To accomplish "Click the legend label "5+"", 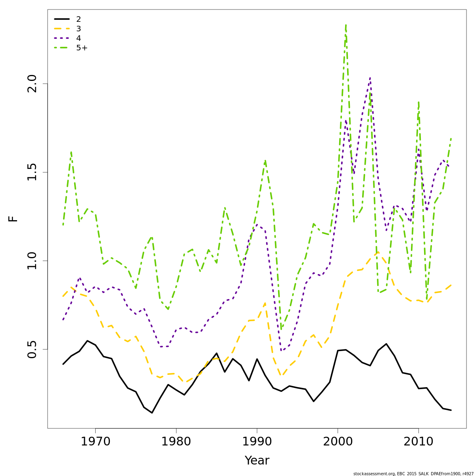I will pyautogui.click(x=82, y=48).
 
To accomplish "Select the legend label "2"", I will pyautogui.click(x=79, y=19).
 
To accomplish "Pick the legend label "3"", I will pyautogui.click(x=79, y=29).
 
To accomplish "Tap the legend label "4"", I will pyautogui.click(x=79, y=38).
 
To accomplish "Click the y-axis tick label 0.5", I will pyautogui.click(x=32, y=349).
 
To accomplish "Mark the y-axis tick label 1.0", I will pyautogui.click(x=32, y=261).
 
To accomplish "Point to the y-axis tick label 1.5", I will pyautogui.click(x=32, y=172).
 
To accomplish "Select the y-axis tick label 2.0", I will pyautogui.click(x=32, y=84).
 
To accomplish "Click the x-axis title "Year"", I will pyautogui.click(x=257, y=461).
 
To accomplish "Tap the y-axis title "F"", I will pyautogui.click(x=13, y=219).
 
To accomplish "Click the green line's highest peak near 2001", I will pyautogui.click(x=346, y=25).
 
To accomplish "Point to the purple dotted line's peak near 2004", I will pyautogui.click(x=370, y=78).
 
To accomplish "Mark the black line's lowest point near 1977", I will pyautogui.click(x=152, y=413).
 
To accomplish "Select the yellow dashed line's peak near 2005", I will pyautogui.click(x=378, y=251).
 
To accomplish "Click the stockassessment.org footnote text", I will pyautogui.click(x=413, y=474).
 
